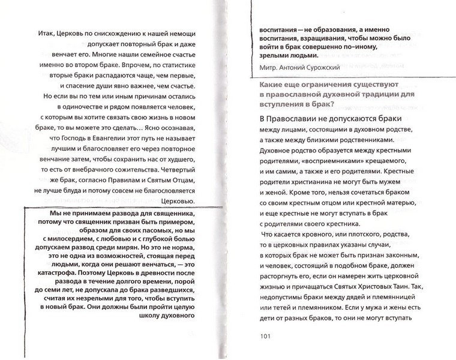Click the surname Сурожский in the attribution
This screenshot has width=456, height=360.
click(x=320, y=67)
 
